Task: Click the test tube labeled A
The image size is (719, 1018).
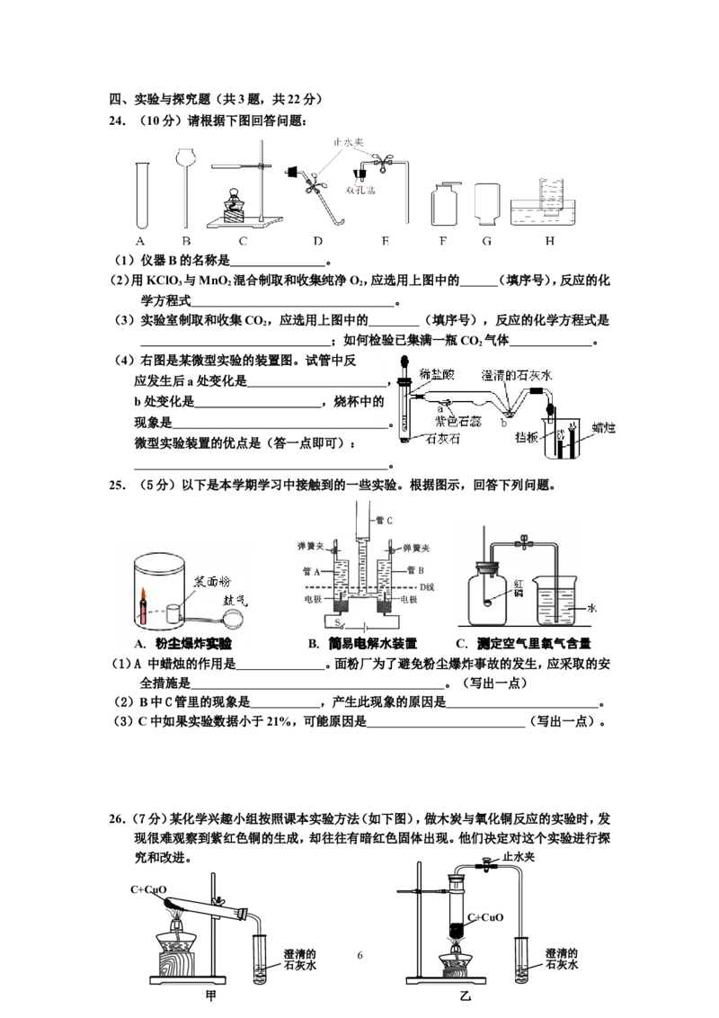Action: (142, 195)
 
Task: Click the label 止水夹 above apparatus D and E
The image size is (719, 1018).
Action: (349, 142)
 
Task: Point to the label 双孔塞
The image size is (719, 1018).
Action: (360, 190)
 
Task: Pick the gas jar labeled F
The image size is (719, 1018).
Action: (444, 204)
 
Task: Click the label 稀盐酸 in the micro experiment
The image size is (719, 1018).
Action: (437, 374)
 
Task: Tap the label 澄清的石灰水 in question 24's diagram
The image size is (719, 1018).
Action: (517, 375)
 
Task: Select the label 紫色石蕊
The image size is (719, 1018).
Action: (458, 422)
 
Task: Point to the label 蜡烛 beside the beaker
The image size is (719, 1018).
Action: (603, 427)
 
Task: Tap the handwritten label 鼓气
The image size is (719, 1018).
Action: (235, 600)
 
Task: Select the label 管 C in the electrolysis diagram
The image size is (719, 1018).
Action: (384, 520)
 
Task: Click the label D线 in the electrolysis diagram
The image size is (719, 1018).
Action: (427, 587)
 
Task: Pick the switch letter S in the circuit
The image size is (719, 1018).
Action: (337, 622)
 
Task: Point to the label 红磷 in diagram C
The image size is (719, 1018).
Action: (519, 588)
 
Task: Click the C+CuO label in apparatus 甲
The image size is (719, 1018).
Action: (148, 889)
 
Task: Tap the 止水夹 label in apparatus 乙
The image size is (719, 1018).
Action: (519, 857)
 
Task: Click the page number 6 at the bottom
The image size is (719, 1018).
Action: (360, 955)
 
